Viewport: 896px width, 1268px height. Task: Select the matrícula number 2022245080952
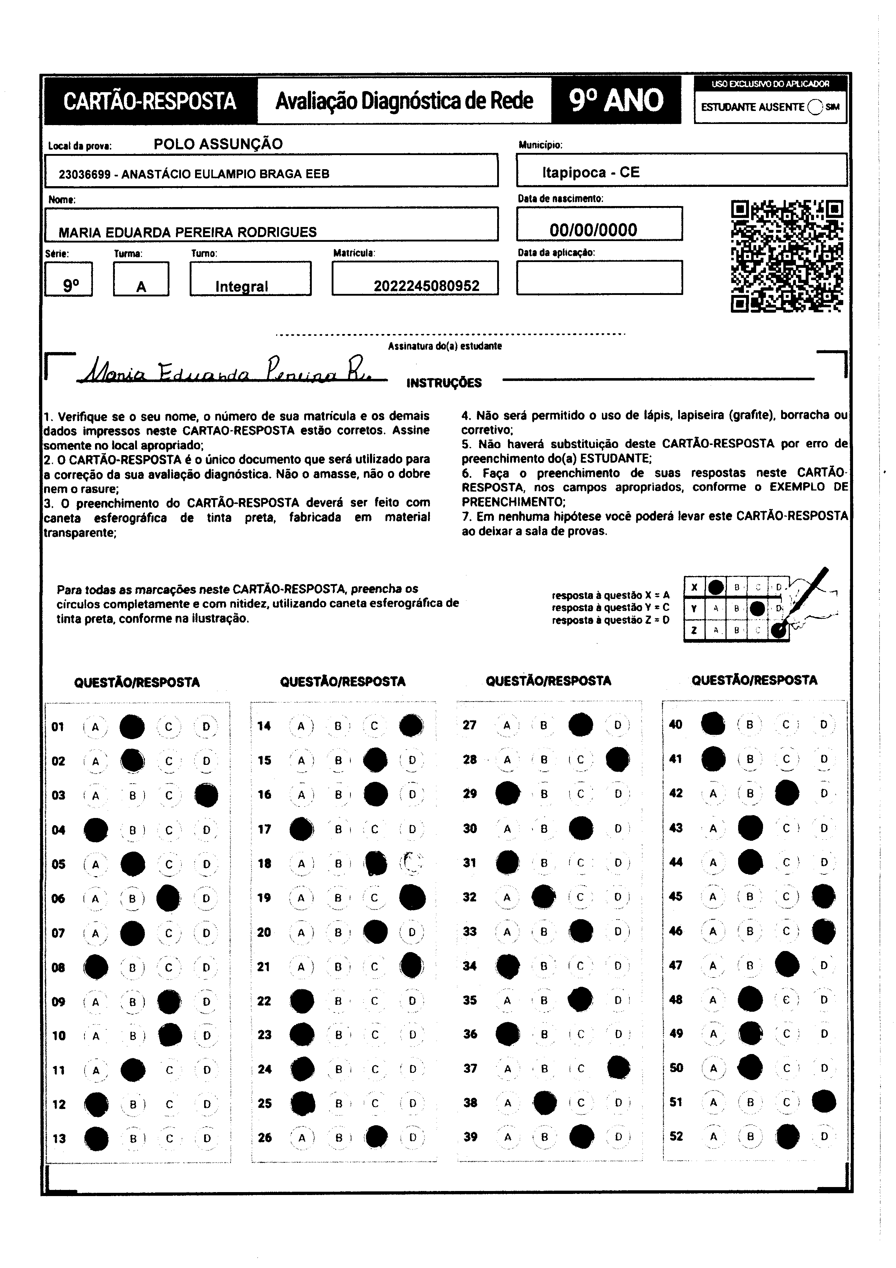(x=426, y=286)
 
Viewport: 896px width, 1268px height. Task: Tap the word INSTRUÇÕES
(x=444, y=383)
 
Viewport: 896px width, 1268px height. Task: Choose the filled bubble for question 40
(x=713, y=724)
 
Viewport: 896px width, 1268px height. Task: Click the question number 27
(x=469, y=725)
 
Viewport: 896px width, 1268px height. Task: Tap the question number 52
(x=676, y=1136)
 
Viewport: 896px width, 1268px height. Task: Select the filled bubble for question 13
(x=96, y=1138)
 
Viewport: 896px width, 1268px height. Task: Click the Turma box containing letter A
(x=141, y=279)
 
